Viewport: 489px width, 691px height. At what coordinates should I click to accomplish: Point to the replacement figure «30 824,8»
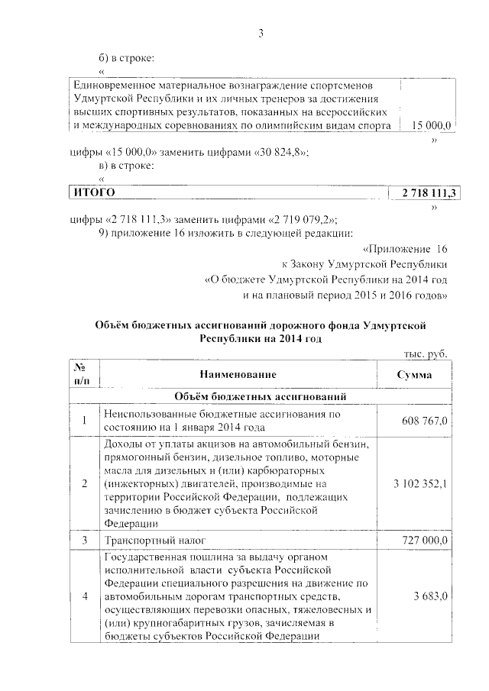click(278, 152)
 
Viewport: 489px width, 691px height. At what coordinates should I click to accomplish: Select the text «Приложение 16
click(404, 250)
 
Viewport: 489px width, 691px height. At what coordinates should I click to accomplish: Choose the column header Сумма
click(414, 375)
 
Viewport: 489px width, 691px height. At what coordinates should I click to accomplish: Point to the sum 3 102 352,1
click(419, 484)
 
